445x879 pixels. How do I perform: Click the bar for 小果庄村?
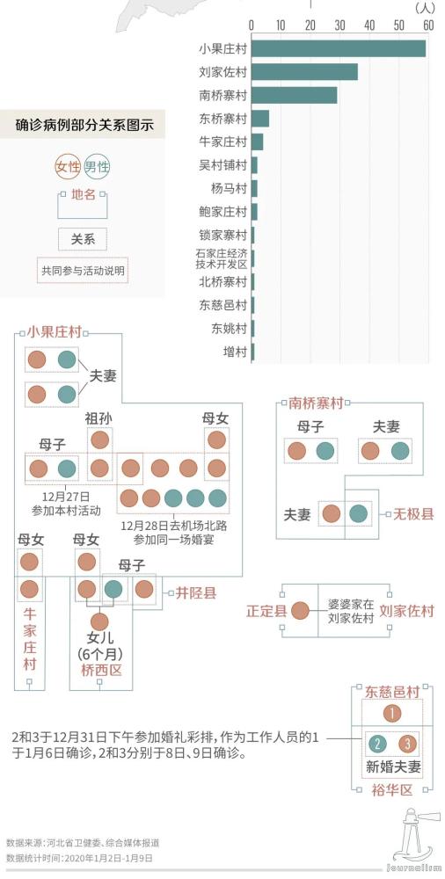(x=339, y=49)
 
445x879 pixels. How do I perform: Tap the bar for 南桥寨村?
(x=294, y=95)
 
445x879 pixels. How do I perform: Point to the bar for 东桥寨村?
(x=260, y=118)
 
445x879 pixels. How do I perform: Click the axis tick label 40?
(x=369, y=25)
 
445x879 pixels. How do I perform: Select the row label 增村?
(x=235, y=352)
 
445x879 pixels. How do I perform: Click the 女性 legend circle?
(x=68, y=167)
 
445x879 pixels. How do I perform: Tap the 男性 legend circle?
(x=98, y=167)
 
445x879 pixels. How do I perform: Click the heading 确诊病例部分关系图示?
(x=84, y=126)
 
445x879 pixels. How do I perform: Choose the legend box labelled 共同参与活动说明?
(x=84, y=271)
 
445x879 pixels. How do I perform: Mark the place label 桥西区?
(x=97, y=670)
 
